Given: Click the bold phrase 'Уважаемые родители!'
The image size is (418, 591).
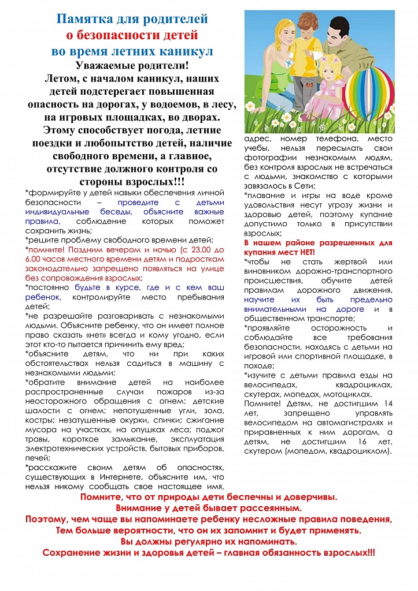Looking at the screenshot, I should (x=132, y=65).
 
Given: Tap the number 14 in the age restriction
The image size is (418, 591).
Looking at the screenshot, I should (x=386, y=403).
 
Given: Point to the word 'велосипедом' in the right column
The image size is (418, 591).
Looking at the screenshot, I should (x=268, y=422).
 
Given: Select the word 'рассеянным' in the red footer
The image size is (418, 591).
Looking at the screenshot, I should (x=272, y=508).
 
